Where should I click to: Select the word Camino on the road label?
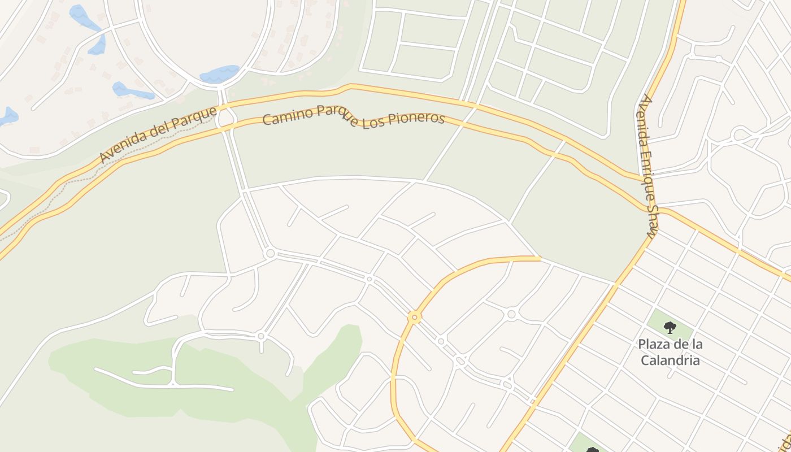(x=286, y=117)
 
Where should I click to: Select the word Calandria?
(x=670, y=360)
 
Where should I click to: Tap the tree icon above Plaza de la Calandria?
(x=670, y=327)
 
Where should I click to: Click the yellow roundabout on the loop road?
(x=415, y=318)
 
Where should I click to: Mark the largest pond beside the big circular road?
(x=219, y=74)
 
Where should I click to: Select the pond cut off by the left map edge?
(x=8, y=116)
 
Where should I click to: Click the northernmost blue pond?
(x=82, y=17)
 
